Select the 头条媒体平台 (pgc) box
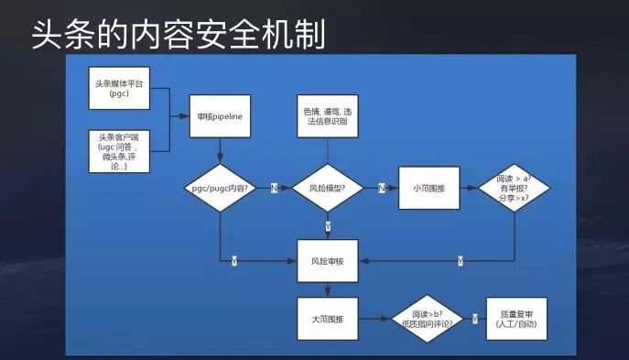click(x=120, y=88)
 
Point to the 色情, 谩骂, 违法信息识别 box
click(x=328, y=118)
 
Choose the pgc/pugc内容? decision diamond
click(x=220, y=188)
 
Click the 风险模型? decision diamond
click(x=327, y=188)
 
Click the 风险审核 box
click(x=327, y=261)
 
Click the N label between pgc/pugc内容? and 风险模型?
click(x=274, y=188)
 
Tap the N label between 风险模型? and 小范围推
click(x=381, y=188)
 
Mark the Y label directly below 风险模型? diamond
click(x=327, y=225)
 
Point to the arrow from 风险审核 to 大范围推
click(x=327, y=288)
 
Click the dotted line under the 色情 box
click(x=327, y=155)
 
